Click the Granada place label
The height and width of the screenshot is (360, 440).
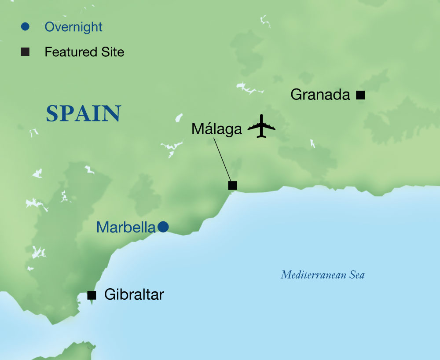[x=320, y=95]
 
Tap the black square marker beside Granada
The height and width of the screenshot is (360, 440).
[x=360, y=94]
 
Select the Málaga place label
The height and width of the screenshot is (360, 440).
[x=216, y=129]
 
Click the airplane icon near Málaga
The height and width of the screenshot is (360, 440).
[x=261, y=126]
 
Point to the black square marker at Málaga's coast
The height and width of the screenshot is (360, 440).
[x=232, y=185]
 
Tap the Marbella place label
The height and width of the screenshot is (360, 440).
[x=126, y=227]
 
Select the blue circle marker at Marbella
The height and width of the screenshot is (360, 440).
[x=163, y=227]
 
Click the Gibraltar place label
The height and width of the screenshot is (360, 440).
[x=134, y=294]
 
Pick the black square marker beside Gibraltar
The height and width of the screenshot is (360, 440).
[x=92, y=295]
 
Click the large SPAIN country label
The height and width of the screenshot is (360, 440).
[x=84, y=114]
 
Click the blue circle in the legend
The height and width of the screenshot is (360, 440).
[x=25, y=27]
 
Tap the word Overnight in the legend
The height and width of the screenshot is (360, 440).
[x=73, y=27]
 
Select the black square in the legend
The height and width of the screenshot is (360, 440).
[x=25, y=52]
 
